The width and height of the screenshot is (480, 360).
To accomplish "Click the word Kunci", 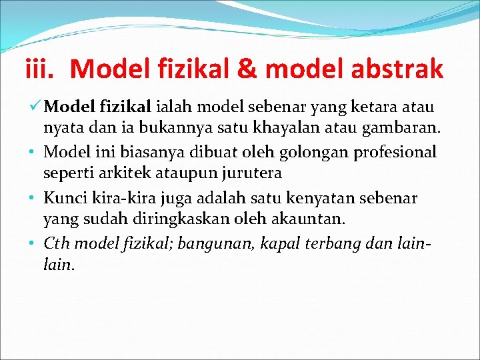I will tap(63, 198).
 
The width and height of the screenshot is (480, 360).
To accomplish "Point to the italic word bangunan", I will tap(206, 244).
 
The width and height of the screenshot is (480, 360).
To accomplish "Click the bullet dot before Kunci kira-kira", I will tap(31, 199).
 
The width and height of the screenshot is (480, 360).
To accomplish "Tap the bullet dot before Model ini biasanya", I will tap(31, 153).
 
